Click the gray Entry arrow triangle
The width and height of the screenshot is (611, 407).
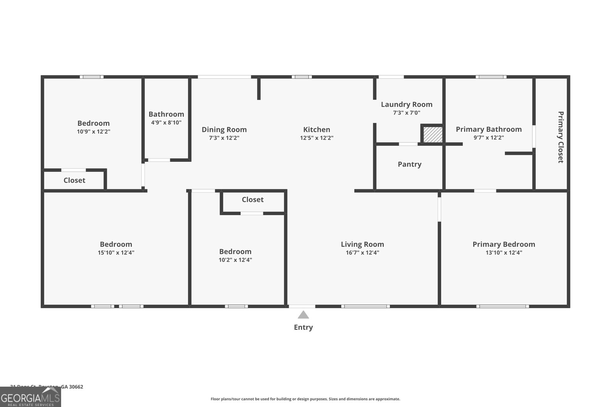coord(303,315)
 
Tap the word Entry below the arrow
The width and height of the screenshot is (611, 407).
coord(303,327)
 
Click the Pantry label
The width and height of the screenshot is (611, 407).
coord(409,164)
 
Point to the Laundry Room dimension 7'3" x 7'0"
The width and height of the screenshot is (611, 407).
coord(406,113)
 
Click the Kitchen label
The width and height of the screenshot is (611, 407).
coord(317,130)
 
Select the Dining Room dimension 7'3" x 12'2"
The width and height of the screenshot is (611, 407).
coord(224,138)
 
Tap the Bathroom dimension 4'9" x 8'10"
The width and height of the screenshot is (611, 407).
coord(166,123)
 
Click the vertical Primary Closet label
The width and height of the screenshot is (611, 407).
coord(561,137)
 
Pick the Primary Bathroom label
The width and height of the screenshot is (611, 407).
coord(488,129)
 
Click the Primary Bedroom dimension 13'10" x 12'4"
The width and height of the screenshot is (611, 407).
coord(504,253)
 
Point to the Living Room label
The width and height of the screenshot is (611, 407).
coord(362,245)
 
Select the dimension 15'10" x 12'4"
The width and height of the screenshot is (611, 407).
coord(116,253)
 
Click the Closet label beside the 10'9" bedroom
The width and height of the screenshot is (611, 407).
coord(74,180)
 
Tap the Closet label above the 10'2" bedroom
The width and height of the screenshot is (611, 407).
coord(252,199)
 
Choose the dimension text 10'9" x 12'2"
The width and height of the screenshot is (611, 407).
coord(94,132)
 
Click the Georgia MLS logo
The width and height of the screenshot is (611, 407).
coord(30,397)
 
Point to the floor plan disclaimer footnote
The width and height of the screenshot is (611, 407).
coord(305,399)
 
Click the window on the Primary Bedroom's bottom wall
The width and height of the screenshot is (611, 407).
coord(503,306)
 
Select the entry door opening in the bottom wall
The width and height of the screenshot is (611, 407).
coord(302,306)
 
